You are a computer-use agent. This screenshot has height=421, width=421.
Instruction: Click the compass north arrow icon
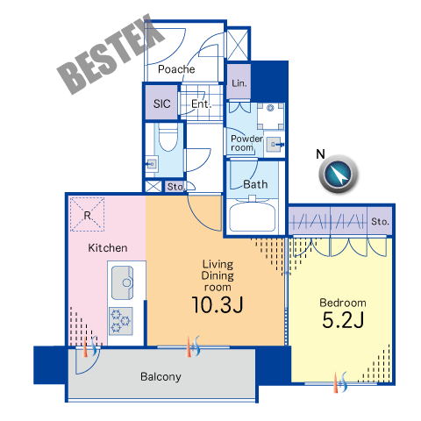tap(339, 174)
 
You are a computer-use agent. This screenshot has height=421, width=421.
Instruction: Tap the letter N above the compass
tap(320, 154)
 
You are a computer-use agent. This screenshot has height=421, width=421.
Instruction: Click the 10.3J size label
tap(218, 305)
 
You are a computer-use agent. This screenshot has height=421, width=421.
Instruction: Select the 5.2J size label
tap(343, 320)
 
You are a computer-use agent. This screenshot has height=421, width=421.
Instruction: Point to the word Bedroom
tap(343, 303)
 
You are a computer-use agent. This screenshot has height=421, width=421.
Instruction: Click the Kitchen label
tap(108, 248)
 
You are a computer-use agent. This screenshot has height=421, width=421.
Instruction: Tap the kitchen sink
tap(123, 282)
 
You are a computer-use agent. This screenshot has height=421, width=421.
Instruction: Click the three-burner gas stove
tap(121, 321)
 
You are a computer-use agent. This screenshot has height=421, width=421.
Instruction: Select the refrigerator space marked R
tap(87, 215)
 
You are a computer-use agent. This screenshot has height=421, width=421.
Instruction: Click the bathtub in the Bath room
tap(253, 217)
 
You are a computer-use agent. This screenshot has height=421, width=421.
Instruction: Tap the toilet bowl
tap(168, 137)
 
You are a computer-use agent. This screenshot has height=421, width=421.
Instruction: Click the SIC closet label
tap(161, 103)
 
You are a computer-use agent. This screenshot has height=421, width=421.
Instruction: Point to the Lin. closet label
tap(239, 83)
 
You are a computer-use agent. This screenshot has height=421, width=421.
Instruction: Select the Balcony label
tap(161, 376)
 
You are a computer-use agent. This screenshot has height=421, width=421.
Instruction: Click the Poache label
tap(176, 69)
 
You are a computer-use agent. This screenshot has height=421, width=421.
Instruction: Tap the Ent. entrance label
tap(201, 103)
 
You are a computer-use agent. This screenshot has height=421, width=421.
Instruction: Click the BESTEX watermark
tap(111, 54)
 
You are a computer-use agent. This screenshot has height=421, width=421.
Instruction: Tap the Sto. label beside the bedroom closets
tap(380, 221)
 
